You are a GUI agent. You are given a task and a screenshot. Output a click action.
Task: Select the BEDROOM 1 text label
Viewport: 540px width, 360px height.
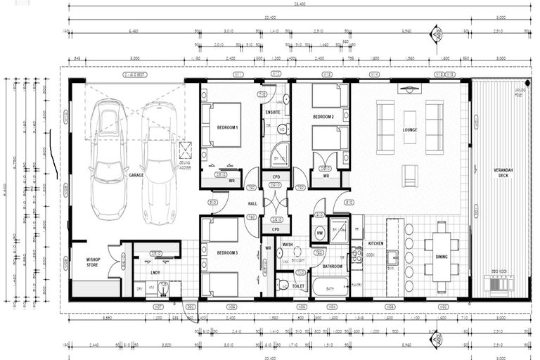pyautogui.click(x=228, y=127)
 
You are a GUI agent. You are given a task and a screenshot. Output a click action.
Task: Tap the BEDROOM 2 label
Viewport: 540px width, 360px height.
pyautogui.click(x=323, y=116)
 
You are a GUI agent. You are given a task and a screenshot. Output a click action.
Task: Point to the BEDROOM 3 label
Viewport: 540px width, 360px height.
pyautogui.click(x=228, y=252)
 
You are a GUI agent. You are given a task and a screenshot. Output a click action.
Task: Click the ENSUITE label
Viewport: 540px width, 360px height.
pyautogui.click(x=273, y=112)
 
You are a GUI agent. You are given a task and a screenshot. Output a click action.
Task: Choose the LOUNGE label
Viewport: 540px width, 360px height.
pyautogui.click(x=410, y=130)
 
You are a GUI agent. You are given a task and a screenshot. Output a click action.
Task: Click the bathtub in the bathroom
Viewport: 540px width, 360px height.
pyautogui.click(x=330, y=287)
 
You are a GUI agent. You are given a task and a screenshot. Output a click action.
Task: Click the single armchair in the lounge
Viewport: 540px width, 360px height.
pyautogui.click(x=410, y=175)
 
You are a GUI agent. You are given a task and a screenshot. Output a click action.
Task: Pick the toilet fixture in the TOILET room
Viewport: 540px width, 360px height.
pyautogui.click(x=283, y=285)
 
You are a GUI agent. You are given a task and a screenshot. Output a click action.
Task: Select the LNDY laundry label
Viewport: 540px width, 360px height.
pyautogui.click(x=156, y=271)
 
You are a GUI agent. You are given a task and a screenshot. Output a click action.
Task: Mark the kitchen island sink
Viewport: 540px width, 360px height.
pyautogui.click(x=391, y=257)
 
